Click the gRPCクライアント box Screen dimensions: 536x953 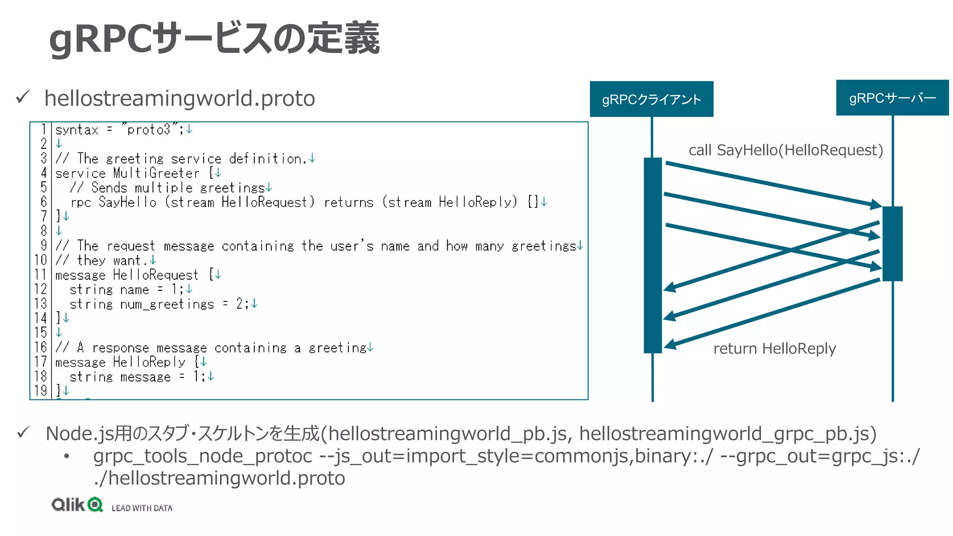coord(651,99)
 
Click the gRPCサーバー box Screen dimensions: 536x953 coord(892,98)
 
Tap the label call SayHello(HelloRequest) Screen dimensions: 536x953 coord(785,150)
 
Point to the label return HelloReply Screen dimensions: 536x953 coord(774,348)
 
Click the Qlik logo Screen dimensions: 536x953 coord(77,504)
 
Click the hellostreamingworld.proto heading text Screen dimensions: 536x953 coord(180,99)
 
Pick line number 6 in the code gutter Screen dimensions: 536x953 coord(43,202)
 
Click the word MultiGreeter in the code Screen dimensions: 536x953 coord(156,173)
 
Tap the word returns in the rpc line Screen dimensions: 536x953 coord(349,202)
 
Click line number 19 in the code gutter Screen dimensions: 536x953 coord(40,391)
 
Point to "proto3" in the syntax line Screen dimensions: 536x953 coord(149,129)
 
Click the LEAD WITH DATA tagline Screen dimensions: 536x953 coord(142,508)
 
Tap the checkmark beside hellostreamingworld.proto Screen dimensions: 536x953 coord(23,97)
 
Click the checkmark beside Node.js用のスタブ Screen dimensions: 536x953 coord(23,433)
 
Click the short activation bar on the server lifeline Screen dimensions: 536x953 coord(892,243)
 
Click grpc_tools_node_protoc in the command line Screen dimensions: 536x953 coord(202,456)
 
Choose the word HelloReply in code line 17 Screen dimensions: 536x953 coord(149,362)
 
